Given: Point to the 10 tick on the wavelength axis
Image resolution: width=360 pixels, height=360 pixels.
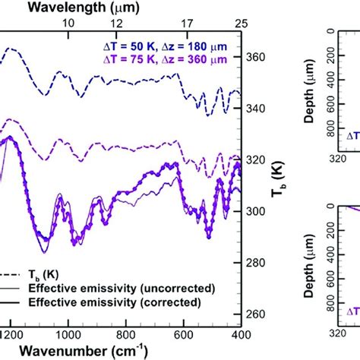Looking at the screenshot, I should tap(68, 24).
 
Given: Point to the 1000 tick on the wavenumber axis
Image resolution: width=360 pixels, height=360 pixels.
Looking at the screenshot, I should tap(68, 334).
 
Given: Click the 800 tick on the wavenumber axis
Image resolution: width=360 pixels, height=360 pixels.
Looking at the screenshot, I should tap(126, 334).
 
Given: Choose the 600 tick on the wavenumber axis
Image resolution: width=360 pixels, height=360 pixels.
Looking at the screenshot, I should tap(183, 334).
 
